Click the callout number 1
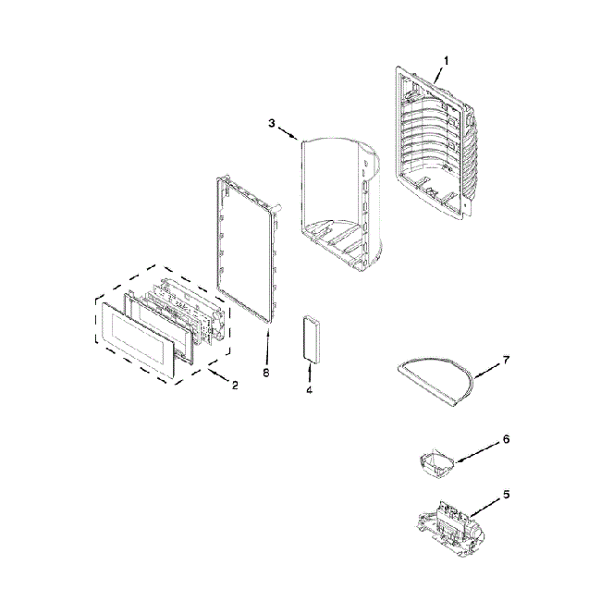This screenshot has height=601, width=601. (x=446, y=61)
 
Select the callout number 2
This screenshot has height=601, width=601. (x=235, y=384)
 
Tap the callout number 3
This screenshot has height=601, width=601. (x=272, y=123)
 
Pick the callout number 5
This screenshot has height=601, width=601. (x=506, y=495)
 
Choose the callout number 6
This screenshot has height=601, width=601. (x=506, y=440)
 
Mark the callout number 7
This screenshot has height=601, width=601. (x=506, y=359)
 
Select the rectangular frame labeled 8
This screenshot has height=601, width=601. (x=248, y=250)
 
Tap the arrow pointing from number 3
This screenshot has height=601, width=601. (x=288, y=132)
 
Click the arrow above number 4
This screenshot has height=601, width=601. (x=309, y=372)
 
